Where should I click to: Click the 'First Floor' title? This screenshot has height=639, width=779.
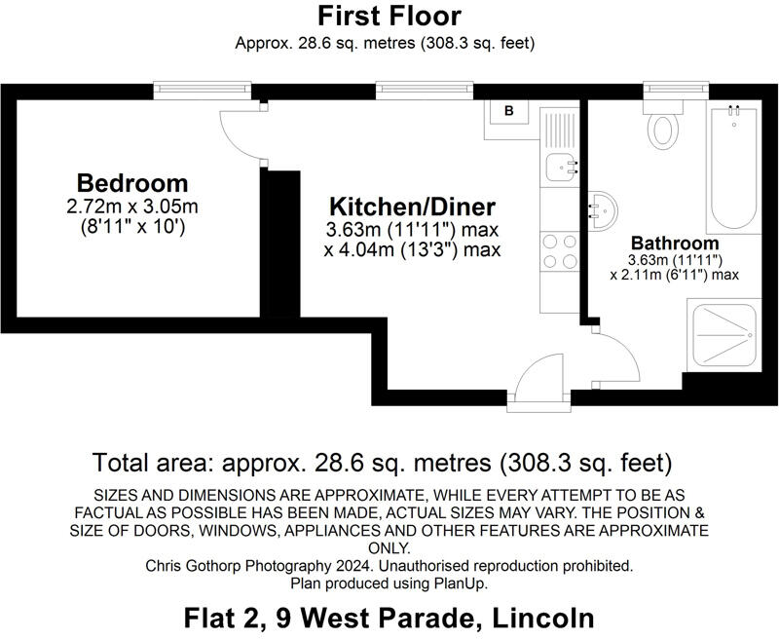click(389, 16)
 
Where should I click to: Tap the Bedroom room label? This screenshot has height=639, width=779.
click(132, 182)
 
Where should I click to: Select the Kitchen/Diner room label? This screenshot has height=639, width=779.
click(412, 207)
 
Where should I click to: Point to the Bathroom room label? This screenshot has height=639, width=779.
click(675, 243)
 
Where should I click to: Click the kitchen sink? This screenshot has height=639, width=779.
click(560, 169)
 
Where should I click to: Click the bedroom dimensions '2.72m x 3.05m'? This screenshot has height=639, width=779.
click(132, 207)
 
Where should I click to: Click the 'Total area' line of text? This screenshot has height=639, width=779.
click(383, 462)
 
